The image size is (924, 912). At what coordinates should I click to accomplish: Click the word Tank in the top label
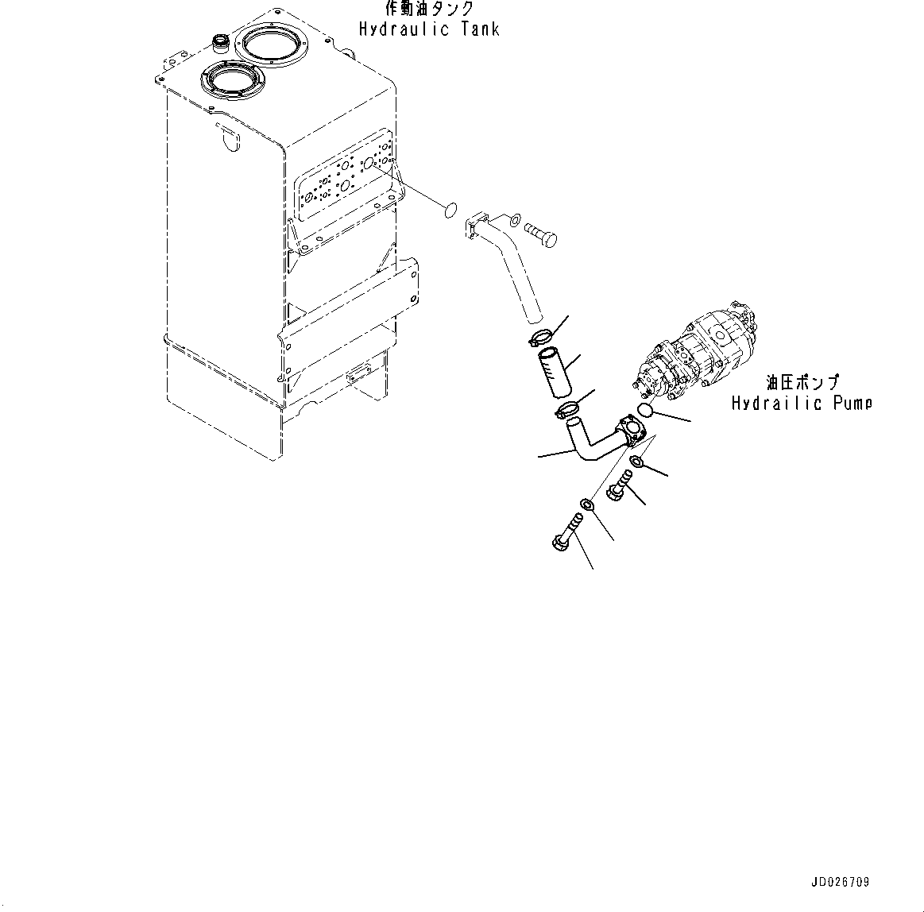pos(478,29)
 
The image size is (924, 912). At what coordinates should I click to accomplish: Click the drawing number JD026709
pos(840,882)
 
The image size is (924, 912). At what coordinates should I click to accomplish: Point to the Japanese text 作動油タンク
pos(429,10)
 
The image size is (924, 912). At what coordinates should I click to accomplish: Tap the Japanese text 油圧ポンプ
pos(802,383)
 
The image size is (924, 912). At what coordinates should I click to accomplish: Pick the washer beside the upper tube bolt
pos(514,218)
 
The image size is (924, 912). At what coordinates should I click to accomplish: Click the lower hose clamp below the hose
pos(567,410)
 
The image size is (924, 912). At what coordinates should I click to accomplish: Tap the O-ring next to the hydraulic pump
pos(644,410)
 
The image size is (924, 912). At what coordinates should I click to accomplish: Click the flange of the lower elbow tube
pos(636,428)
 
